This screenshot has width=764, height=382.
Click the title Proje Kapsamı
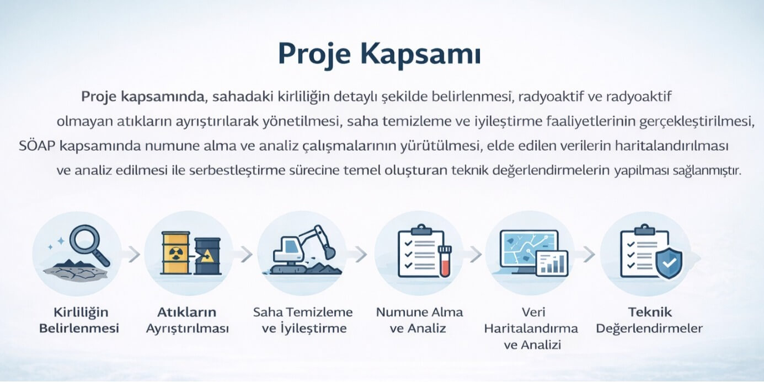coord(380,55)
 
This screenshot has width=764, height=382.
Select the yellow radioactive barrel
coord(175,253)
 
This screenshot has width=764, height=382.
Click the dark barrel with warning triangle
coord(208,256)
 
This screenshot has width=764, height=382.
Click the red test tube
coord(445,261)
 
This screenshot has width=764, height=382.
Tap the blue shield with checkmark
coord(669,263)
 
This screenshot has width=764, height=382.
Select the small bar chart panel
coord(552,263)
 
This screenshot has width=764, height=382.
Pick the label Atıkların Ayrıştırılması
coord(187,320)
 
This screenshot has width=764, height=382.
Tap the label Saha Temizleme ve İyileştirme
coord(303,320)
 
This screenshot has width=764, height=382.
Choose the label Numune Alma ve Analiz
coord(419,320)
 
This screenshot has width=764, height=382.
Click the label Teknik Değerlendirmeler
coord(649,320)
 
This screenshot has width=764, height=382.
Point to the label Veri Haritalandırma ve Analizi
coord(531,328)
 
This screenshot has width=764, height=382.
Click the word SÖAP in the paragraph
coord(37,146)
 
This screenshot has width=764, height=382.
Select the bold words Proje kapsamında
coord(142,97)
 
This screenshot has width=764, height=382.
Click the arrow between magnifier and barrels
coord(134,255)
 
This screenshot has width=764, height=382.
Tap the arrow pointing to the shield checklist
coord(589,255)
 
